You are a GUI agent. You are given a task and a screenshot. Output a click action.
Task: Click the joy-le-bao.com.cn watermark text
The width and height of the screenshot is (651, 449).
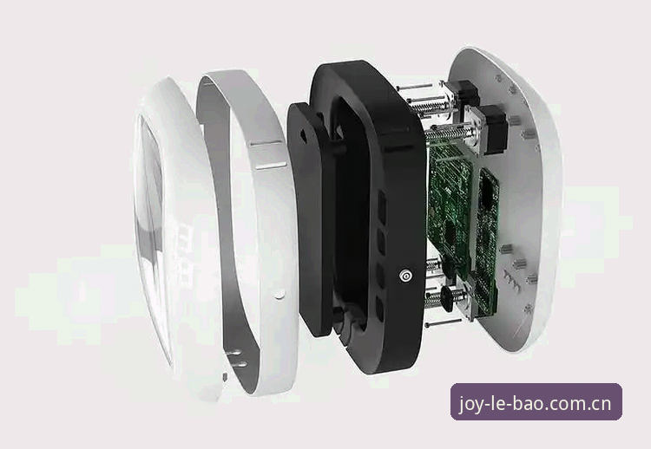(x=536, y=403)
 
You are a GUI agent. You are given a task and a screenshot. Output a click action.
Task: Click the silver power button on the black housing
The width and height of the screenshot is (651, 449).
(x=405, y=276)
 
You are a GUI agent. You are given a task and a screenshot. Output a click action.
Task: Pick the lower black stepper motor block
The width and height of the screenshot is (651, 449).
(x=492, y=128)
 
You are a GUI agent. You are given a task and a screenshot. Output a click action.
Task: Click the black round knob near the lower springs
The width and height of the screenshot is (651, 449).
(x=448, y=296)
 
